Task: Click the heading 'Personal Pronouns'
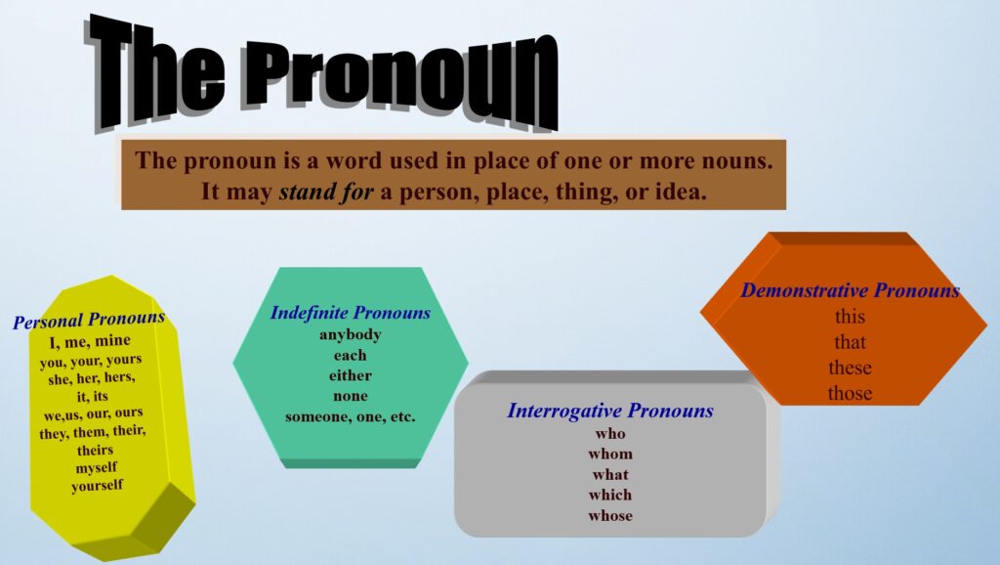coord(89,319)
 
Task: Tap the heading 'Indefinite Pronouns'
coord(351,313)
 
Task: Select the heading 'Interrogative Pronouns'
coord(610,411)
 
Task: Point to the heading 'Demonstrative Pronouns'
coord(851,290)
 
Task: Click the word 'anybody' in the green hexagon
coord(351,334)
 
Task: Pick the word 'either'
coord(351,375)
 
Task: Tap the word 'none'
coord(351,396)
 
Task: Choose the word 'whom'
coord(610,454)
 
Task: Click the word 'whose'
coord(610,515)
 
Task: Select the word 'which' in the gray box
coord(610,495)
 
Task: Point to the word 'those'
coord(851,393)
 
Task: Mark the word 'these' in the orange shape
coord(851,368)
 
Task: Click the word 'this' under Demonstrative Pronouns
coord(851,317)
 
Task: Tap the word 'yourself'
coord(97,486)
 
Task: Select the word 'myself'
coord(97,468)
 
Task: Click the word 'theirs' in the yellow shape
coord(95,450)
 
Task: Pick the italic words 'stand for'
coord(326,192)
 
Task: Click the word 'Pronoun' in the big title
coord(401,80)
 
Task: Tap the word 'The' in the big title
coord(156,71)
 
